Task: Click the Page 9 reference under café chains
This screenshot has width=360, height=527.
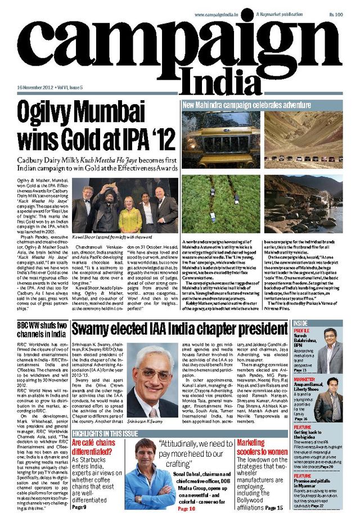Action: (x=80, y=506)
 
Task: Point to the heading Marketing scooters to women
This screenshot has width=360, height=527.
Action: (x=262, y=447)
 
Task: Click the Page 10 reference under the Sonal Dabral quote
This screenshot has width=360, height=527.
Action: (x=186, y=509)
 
